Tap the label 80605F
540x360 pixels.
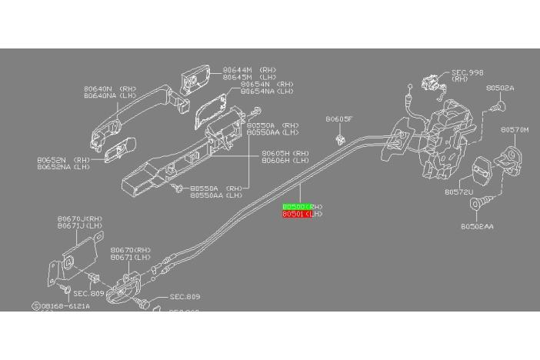338,119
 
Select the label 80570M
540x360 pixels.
515,130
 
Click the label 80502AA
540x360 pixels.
477,226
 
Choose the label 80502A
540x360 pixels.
500,88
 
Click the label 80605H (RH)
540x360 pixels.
285,153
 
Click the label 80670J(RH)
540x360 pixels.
79,218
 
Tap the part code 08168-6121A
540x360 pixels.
65,305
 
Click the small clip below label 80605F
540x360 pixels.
338,140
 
